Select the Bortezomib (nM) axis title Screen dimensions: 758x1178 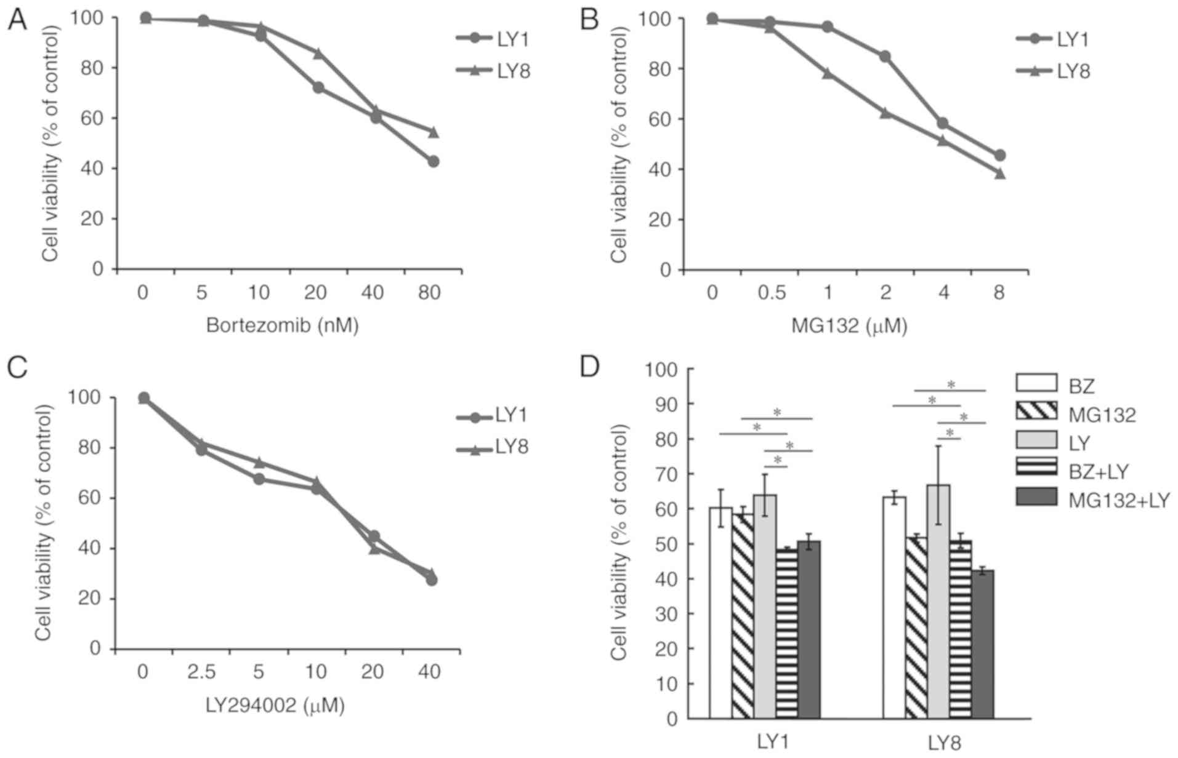point(283,324)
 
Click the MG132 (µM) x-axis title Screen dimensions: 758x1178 point(849,325)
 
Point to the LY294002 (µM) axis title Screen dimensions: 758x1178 point(275,704)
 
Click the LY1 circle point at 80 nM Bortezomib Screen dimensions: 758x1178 point(433,161)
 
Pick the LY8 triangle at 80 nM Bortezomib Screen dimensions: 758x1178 point(433,132)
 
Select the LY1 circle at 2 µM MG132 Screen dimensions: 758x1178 point(885,57)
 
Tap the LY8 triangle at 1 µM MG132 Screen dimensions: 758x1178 point(828,74)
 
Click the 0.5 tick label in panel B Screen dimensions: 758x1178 point(772,293)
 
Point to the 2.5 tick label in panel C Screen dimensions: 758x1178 point(201,671)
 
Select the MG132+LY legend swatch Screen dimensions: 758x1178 point(1036,497)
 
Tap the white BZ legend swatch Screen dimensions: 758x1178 point(1036,383)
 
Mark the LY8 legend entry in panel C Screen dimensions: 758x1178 point(511,447)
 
